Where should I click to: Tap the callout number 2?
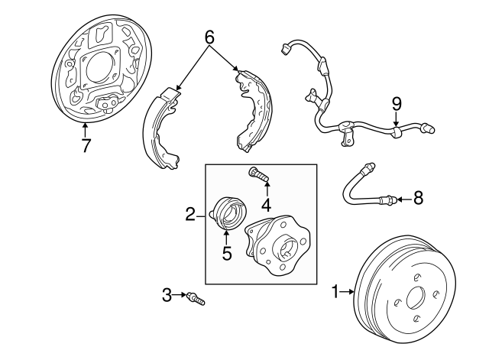[190, 216]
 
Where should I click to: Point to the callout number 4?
[266, 204]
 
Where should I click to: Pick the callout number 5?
[227, 253]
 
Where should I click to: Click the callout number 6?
[209, 36]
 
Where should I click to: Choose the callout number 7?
[86, 144]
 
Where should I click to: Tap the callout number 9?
[396, 102]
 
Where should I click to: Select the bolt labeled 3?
[196, 298]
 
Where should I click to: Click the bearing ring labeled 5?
[226, 212]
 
